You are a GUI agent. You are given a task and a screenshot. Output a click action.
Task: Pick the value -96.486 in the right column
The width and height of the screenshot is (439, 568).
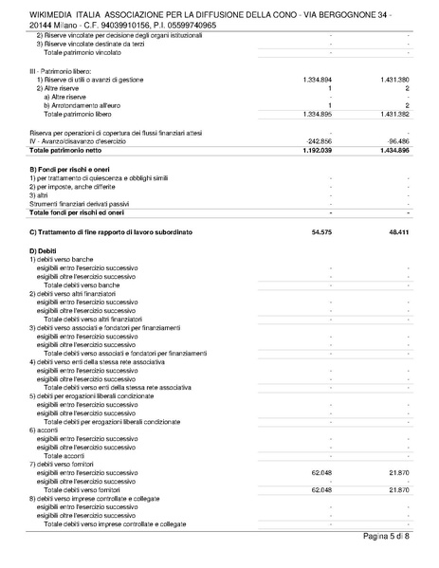point(396,141)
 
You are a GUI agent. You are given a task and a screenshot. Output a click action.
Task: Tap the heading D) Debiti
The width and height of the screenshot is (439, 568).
point(44,249)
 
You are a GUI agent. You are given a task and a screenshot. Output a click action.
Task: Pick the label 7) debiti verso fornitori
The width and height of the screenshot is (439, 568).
point(71,463)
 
